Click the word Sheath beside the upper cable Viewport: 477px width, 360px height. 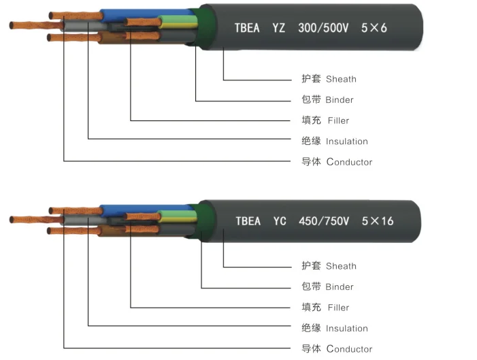[x=341, y=80]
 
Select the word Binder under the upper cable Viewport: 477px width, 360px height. [x=339, y=100]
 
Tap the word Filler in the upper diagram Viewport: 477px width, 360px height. [x=338, y=121]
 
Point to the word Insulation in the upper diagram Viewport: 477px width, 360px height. [x=346, y=142]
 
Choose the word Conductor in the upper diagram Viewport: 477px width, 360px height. [x=349, y=162]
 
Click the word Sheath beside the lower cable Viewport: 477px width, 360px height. [x=341, y=266]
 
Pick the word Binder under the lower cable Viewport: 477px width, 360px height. [x=339, y=287]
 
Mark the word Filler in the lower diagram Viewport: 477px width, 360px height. [x=338, y=308]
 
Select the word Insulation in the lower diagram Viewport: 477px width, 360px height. [x=346, y=329]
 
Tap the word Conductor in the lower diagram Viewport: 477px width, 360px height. [x=349, y=349]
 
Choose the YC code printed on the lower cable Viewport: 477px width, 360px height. [x=280, y=221]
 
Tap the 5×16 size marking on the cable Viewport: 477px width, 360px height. [x=378, y=221]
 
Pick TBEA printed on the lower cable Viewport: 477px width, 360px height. [x=248, y=221]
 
